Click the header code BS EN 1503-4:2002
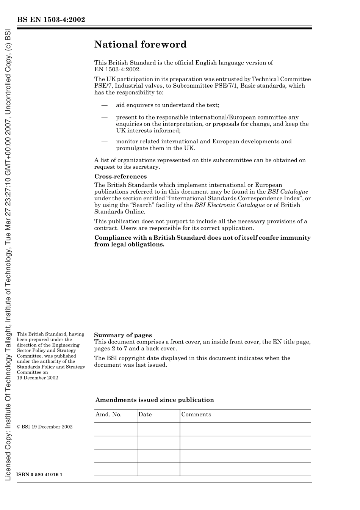click(x=51, y=20)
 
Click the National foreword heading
click(x=140, y=45)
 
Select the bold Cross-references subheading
click(x=120, y=176)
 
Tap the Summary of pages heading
click(x=123, y=335)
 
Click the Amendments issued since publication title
click(x=155, y=400)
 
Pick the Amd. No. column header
click(x=108, y=414)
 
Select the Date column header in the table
click(x=145, y=414)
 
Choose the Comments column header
click(x=196, y=414)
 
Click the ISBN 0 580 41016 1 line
click(x=39, y=475)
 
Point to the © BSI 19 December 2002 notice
click(x=45, y=427)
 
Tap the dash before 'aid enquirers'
click(x=104, y=105)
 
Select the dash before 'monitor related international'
click(x=104, y=142)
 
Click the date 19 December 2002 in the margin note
click(x=38, y=378)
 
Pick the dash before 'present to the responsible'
click(x=104, y=118)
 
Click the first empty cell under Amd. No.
click(x=115, y=429)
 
